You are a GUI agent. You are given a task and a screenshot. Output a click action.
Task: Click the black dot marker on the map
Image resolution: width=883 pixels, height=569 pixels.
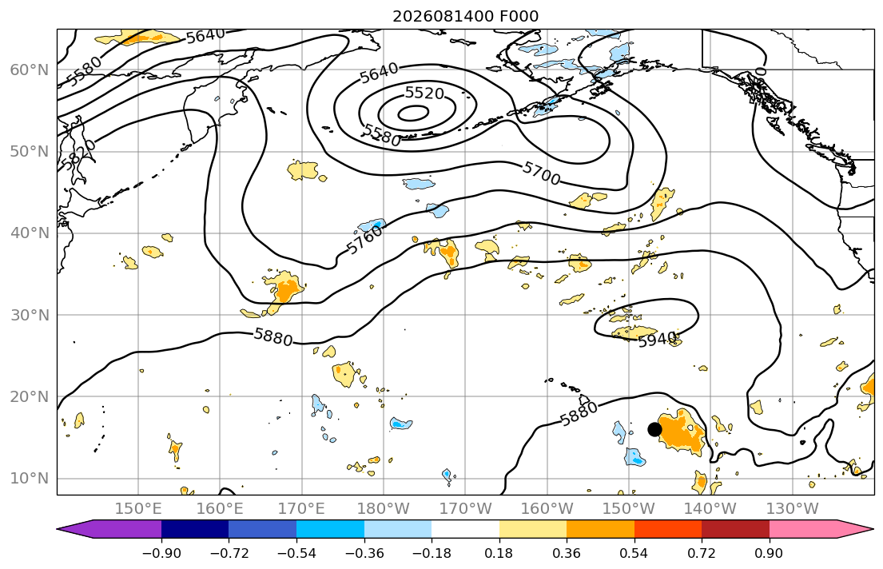tap(654, 429)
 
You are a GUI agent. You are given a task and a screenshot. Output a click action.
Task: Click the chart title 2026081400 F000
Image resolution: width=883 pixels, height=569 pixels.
tap(465, 16)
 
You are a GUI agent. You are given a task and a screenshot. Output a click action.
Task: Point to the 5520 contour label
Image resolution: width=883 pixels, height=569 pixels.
tap(424, 93)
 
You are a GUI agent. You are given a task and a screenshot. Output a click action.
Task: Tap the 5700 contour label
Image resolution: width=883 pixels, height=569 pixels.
tap(541, 173)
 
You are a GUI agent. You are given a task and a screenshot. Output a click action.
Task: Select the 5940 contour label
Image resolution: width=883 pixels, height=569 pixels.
tap(657, 339)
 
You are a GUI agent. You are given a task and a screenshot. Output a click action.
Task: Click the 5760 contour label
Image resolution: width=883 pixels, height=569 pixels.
tap(364, 241)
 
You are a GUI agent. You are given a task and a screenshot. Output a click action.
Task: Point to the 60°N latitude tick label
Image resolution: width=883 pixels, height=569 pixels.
tap(30, 70)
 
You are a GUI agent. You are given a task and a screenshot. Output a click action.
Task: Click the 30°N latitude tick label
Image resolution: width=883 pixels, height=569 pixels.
tap(30, 315)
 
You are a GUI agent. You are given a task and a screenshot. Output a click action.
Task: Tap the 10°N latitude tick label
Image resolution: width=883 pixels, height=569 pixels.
tap(30, 479)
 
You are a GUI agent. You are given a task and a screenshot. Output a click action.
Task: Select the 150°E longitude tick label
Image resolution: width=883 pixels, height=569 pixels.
tap(138, 509)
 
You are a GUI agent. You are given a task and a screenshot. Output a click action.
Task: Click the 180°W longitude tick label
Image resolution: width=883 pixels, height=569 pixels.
tap(384, 509)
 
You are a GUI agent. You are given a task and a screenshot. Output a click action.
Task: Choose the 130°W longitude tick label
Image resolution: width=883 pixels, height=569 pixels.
tap(793, 509)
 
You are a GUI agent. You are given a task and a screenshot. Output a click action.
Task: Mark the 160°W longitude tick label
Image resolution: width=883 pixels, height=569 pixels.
tap(547, 509)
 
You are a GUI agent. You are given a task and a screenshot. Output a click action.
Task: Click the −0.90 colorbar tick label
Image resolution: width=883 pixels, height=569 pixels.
tap(161, 553)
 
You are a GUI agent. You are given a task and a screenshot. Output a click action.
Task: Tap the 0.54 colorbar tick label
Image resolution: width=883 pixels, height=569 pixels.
tap(634, 553)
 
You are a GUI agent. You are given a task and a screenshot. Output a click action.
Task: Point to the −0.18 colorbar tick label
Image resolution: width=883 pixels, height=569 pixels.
tap(432, 553)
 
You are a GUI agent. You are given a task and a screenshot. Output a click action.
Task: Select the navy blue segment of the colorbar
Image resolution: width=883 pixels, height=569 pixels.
tap(195, 529)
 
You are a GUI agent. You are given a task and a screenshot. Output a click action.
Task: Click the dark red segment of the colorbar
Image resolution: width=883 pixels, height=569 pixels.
tap(735, 529)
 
